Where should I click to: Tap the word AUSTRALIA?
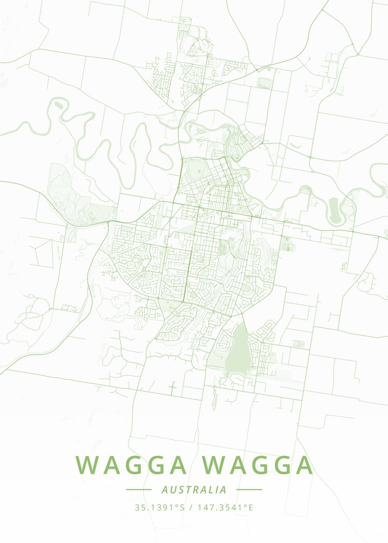[194, 490]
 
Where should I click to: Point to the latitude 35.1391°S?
[160, 507]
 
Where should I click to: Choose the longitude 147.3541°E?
[225, 507]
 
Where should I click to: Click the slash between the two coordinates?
[192, 507]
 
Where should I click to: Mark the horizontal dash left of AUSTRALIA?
[138, 490]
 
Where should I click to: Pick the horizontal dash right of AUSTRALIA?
[249, 490]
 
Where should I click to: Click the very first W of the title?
[86, 465]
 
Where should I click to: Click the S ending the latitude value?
[182, 507]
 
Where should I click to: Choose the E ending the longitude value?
[250, 507]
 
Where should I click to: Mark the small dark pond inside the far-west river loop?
[57, 104]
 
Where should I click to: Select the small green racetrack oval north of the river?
[263, 82]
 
